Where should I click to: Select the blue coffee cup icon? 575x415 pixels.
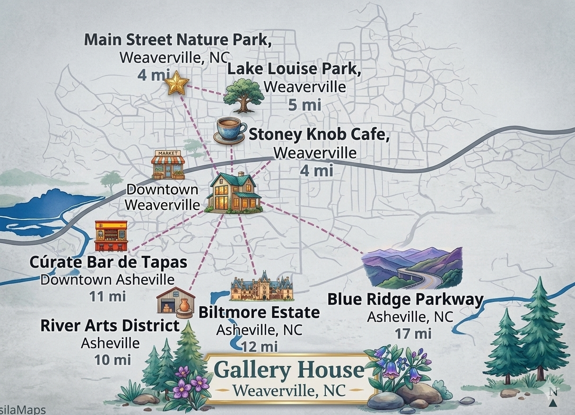coord(231,130)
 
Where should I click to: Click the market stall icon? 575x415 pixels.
coord(168,164)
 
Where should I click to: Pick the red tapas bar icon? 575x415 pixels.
coord(111,236)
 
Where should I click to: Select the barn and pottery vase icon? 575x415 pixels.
coord(175,301)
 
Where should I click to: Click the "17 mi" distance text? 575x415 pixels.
coord(413,333)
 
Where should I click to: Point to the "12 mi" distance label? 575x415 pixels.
coord(260,346)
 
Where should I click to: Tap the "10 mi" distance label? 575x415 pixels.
coord(112,359)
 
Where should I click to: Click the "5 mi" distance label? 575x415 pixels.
coord(305,104)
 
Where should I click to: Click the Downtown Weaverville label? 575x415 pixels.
coord(162,198)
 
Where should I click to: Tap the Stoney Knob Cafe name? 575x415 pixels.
coord(319,135)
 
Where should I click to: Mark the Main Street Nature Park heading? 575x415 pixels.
coord(178,39)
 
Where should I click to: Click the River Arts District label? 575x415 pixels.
coord(110,326)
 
